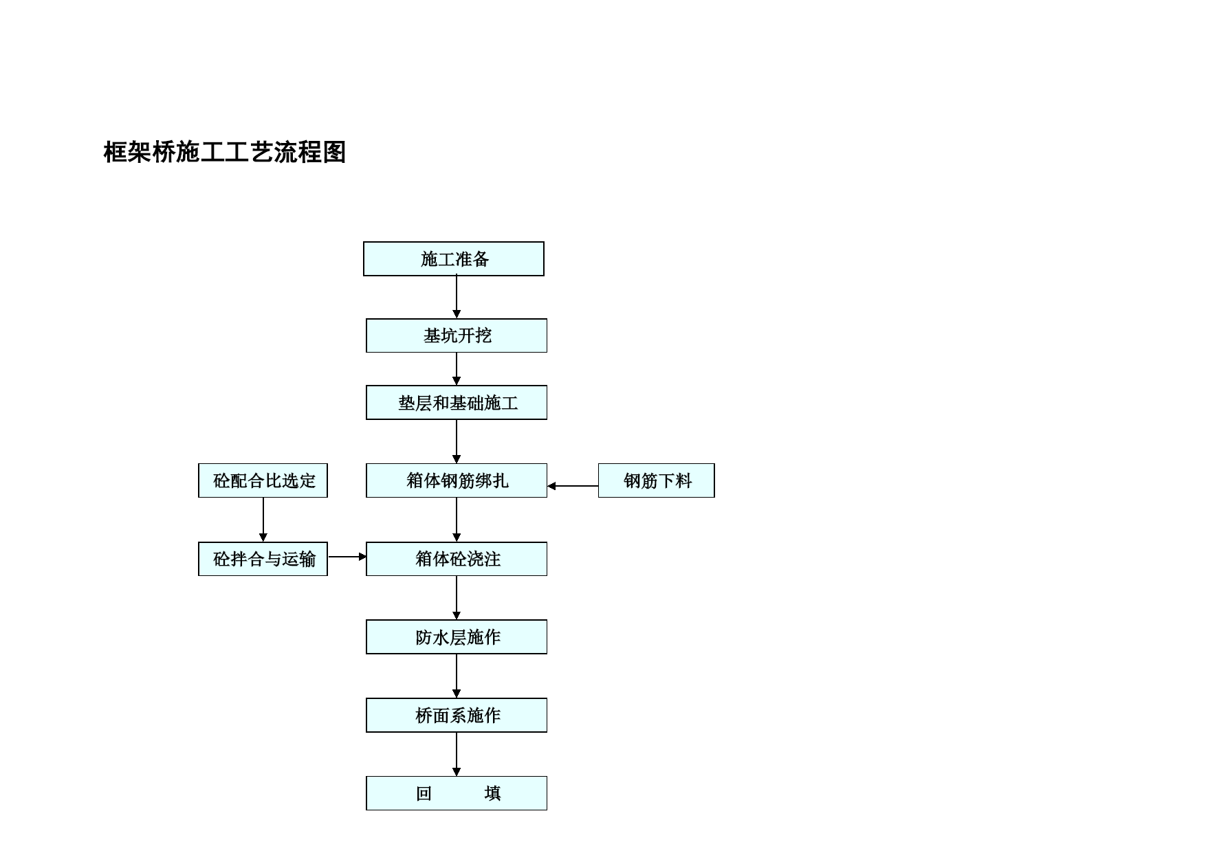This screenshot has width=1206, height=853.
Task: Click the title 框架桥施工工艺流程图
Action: [224, 152]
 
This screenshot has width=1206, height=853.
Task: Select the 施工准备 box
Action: [454, 258]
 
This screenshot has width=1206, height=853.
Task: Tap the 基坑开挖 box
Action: [457, 335]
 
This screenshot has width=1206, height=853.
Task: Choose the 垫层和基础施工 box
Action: [457, 402]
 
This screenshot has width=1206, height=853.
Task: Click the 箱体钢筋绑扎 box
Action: [457, 480]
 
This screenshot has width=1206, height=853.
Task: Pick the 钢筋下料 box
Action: [657, 480]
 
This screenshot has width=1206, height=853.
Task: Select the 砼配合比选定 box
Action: [263, 480]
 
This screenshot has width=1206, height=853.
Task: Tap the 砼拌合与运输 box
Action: [263, 559]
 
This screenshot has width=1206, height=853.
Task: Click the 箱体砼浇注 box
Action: [457, 559]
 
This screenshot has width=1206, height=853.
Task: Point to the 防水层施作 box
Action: [457, 637]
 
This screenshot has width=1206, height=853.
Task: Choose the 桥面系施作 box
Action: [457, 715]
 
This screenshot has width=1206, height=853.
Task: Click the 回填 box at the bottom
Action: [457, 793]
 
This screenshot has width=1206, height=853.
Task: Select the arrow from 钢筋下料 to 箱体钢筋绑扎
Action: [573, 486]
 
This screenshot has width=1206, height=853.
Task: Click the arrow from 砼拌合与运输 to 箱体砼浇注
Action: [347, 557]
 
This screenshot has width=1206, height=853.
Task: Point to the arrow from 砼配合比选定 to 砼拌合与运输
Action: [263, 520]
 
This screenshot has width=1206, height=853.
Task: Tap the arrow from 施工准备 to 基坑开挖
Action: [457, 297]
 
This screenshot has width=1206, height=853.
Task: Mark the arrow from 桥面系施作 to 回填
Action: [457, 755]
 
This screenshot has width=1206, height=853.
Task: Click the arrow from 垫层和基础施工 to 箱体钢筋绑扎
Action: [457, 442]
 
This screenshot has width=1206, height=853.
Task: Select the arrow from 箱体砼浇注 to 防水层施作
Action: [457, 598]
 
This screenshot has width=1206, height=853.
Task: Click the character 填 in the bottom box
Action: [492, 793]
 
